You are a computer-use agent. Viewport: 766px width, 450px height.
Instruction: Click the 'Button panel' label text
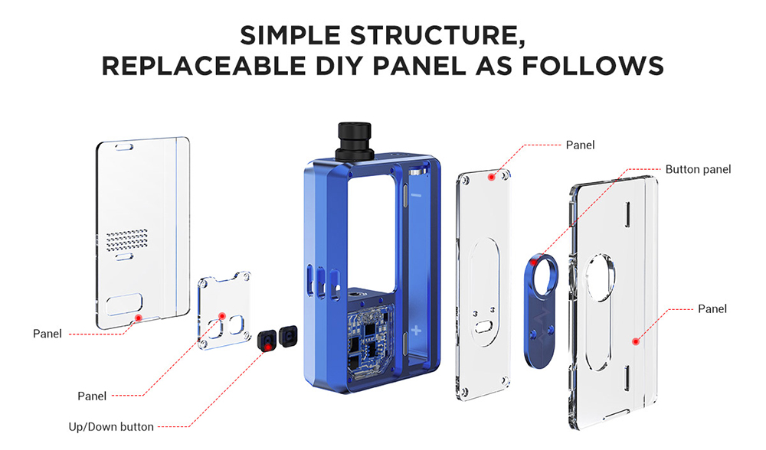(698, 169)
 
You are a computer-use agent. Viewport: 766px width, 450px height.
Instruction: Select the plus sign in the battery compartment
(416, 331)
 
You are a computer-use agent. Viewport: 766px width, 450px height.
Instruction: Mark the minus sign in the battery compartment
(416, 196)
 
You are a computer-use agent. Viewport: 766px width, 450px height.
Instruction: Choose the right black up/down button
(289, 334)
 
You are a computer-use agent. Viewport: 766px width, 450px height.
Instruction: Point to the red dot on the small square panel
(223, 315)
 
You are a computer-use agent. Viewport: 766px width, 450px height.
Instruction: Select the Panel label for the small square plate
(92, 396)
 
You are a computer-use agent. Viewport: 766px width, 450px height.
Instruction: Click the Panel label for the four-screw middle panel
(580, 145)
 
